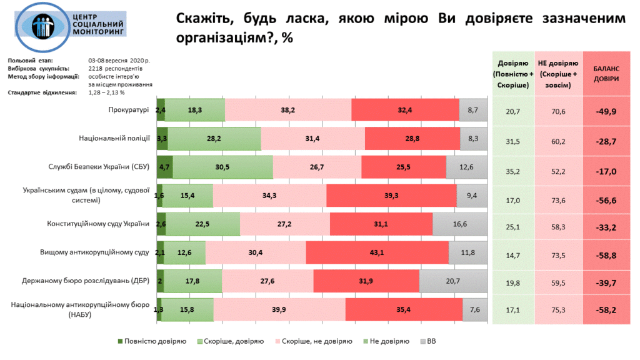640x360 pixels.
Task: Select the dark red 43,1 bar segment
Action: [377, 252]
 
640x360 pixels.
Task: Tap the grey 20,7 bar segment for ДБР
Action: [453, 281]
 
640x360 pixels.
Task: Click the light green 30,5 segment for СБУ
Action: [222, 167]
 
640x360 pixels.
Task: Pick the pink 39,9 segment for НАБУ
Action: [279, 309]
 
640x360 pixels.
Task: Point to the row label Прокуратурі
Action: [127, 110]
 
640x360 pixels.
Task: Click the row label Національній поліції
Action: [114, 138]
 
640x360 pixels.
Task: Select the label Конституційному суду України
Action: [99, 224]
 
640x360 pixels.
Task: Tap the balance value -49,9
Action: [606, 111]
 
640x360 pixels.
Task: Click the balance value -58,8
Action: [606, 252]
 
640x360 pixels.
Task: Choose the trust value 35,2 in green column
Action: [512, 167]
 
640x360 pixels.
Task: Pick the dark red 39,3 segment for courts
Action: [391, 196]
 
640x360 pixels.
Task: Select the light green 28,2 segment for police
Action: [214, 138]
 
